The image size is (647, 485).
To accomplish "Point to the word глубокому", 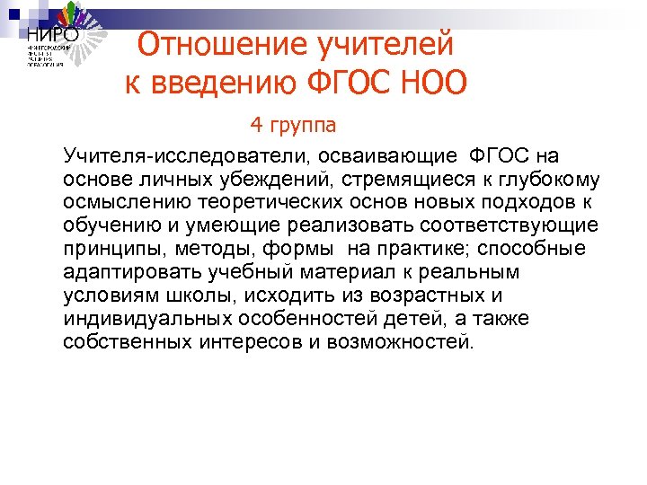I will pyautogui.click(x=542, y=179).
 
